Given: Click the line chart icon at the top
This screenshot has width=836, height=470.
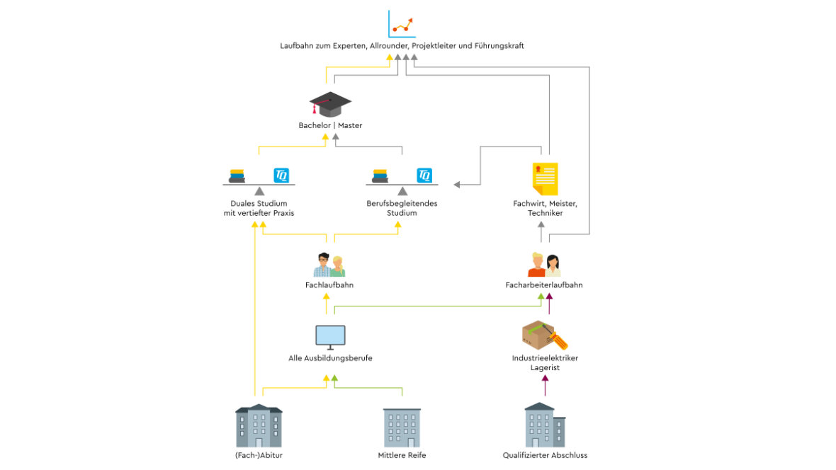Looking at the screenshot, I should tap(402, 24).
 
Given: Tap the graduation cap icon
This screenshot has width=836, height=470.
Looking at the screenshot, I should tap(330, 104).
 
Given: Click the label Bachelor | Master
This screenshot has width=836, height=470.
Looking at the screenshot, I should tap(330, 126).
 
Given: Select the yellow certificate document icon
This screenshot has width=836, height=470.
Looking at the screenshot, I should tap(545, 178).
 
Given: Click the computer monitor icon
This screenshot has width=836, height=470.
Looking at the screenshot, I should tap(330, 337).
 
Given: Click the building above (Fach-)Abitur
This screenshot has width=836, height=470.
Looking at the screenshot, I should tap(259, 426).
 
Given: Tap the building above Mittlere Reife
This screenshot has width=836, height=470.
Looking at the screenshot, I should tap(402, 428).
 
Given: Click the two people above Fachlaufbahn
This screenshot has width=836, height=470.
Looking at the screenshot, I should tap(329, 265).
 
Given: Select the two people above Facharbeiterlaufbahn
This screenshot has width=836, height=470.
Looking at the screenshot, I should tap(544, 265).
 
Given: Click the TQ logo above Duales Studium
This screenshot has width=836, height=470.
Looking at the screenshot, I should tap(282, 175).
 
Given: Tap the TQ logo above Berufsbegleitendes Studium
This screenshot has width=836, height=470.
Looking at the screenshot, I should tap(425, 175).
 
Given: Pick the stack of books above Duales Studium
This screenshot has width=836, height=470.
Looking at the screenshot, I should tap(237, 176).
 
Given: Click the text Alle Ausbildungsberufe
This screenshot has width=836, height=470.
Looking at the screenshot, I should tap(330, 358).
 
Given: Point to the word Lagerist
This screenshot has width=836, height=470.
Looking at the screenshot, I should tap(545, 368).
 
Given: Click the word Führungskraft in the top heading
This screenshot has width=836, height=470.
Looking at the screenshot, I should tap(499, 46).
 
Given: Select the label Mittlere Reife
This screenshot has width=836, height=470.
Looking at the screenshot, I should tap(402, 455).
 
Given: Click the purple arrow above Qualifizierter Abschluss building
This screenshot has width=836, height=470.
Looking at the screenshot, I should tap(545, 385).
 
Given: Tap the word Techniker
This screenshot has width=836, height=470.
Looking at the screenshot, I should tap(545, 213).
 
